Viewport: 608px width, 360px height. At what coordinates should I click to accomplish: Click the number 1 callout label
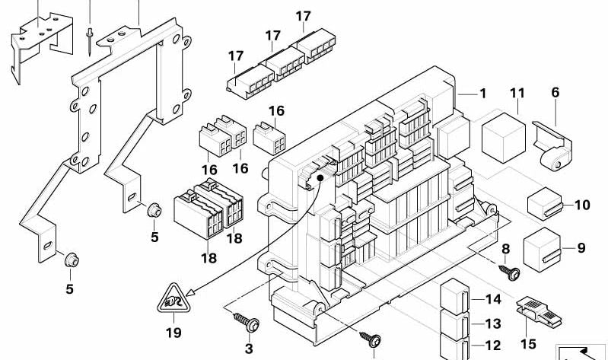482,94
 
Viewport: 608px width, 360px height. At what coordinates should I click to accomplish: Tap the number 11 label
517,94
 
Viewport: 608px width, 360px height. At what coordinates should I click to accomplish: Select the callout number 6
555,92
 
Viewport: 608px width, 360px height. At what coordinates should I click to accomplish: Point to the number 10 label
582,205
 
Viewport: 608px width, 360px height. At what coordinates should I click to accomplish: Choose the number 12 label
494,345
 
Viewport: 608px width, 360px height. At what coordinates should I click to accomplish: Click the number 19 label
174,332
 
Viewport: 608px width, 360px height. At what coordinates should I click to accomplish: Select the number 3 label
247,349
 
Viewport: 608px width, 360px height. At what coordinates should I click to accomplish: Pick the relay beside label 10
543,202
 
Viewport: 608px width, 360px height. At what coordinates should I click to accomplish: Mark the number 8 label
505,249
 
